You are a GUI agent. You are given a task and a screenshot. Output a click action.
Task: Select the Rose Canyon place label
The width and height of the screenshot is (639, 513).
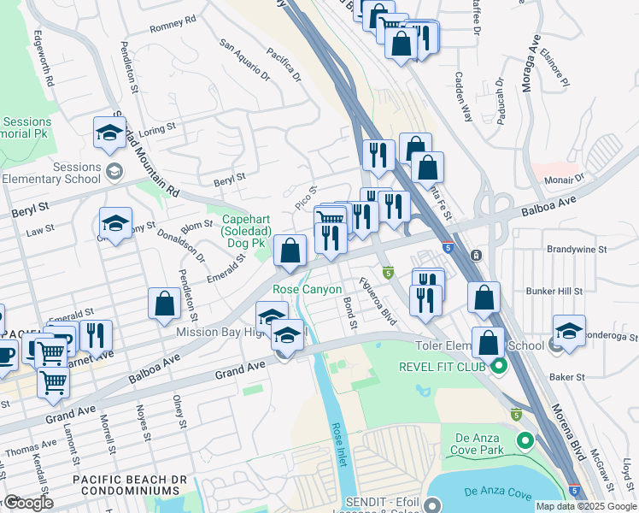click(307, 290)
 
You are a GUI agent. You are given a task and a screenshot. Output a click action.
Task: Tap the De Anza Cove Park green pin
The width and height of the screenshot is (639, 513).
click(525, 442)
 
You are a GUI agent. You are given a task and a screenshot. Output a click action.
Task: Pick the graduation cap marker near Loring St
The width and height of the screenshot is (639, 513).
click(108, 133)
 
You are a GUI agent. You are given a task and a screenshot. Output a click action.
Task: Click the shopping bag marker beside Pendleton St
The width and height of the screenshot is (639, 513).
click(163, 305)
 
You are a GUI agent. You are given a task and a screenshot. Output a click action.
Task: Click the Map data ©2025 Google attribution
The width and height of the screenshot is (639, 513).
click(586, 506)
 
